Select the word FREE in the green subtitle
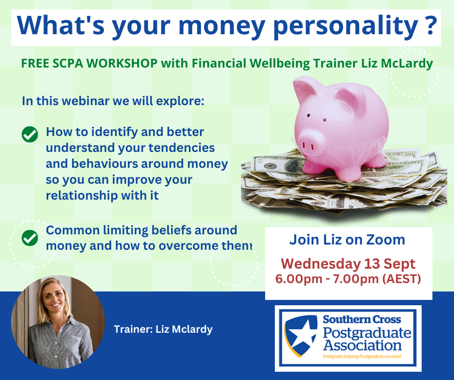pyautogui.click(x=35, y=63)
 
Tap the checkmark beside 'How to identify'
pyautogui.click(x=30, y=135)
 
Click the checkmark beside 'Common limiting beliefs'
pyautogui.click(x=30, y=238)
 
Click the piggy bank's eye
pyautogui.click(x=308, y=115)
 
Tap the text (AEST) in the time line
pyautogui.click(x=401, y=279)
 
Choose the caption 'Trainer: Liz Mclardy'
pyautogui.click(x=163, y=329)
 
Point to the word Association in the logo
pyautogui.click(x=363, y=346)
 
